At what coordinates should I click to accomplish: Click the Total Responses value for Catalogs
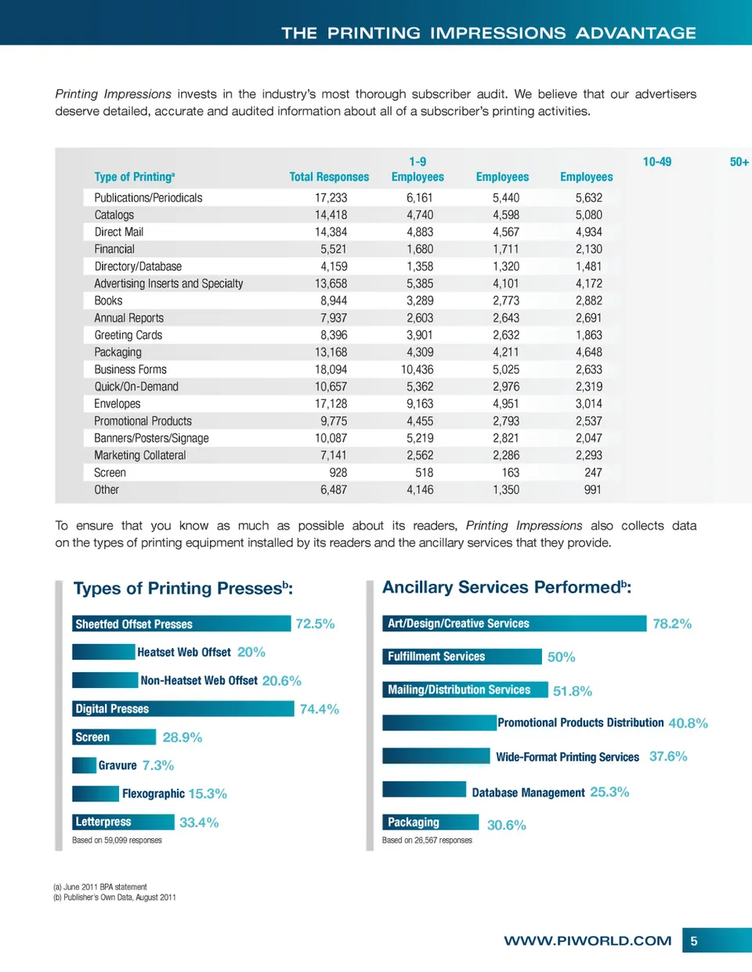point(331,215)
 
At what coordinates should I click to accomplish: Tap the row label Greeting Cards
point(128,335)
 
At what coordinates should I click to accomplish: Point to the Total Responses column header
point(329,177)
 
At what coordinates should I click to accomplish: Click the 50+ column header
point(739,162)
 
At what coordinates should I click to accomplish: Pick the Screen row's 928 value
point(338,473)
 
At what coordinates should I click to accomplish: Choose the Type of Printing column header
point(135,177)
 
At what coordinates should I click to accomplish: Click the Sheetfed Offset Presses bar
point(181,624)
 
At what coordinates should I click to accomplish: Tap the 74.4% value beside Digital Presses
point(320,709)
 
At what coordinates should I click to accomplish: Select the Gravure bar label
point(117,765)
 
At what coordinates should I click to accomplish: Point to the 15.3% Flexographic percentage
point(208,794)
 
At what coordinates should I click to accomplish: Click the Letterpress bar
point(123,822)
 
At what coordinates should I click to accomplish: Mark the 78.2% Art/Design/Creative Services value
point(672,624)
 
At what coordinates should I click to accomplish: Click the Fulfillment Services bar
point(462,657)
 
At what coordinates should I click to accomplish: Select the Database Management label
point(528,793)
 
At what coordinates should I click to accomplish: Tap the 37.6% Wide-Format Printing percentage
point(668,757)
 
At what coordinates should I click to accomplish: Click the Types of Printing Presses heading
point(183,589)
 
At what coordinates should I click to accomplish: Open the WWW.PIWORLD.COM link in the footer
point(587,941)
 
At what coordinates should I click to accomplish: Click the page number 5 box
point(694,941)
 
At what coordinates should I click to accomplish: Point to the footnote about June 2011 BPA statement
point(100,887)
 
